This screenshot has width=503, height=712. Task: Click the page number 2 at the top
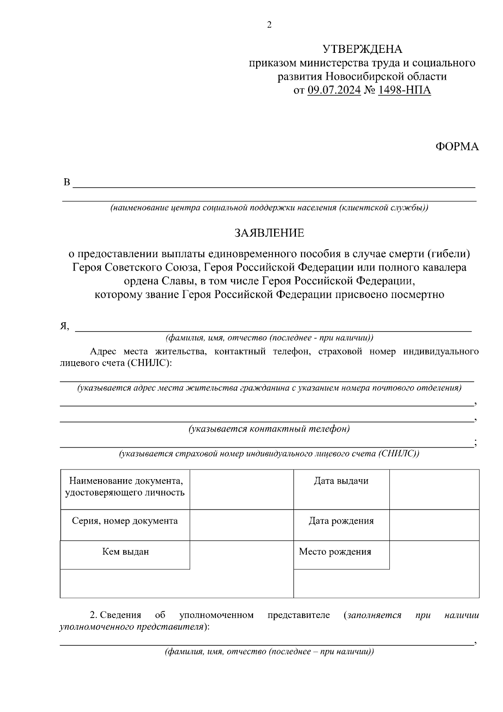click(269, 25)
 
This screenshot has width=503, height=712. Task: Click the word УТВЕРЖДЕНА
click(362, 49)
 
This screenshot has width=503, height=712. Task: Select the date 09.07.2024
click(334, 90)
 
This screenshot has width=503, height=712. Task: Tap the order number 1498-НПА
click(404, 90)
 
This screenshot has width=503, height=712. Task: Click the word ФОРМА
click(457, 146)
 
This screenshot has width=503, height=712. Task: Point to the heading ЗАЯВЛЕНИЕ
click(269, 233)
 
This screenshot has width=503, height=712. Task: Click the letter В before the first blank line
click(67, 183)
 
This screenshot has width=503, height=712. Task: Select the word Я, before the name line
click(64, 326)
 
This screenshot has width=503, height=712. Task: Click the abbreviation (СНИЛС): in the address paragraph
click(149, 363)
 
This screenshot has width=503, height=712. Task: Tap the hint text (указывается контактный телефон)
click(269, 429)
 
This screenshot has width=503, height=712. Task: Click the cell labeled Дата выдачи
click(341, 481)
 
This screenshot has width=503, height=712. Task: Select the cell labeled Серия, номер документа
click(125, 521)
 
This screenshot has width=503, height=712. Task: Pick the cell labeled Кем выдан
click(125, 552)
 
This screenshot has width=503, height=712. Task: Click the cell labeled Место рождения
click(335, 552)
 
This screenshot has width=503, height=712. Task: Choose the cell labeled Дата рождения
click(341, 521)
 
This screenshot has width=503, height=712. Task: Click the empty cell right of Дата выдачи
click(434, 489)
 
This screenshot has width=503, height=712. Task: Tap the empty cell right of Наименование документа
click(241, 489)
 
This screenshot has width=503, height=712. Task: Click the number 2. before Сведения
click(93, 616)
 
